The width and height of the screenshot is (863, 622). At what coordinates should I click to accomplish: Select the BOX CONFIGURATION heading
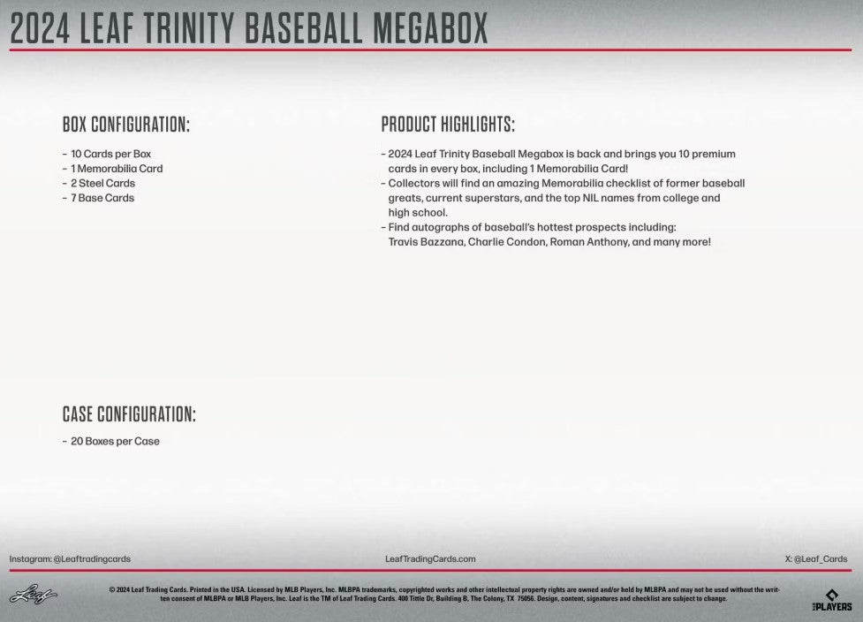coord(126,125)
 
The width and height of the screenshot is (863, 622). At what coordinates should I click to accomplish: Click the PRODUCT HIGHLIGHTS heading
coord(448,125)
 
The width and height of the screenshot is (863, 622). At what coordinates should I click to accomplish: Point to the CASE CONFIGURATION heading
coord(129,414)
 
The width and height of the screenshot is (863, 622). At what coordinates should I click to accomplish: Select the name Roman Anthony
coord(587,242)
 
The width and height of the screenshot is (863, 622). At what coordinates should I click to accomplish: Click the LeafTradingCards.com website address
coord(431,558)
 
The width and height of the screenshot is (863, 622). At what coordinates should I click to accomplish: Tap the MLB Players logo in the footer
coord(832,600)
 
